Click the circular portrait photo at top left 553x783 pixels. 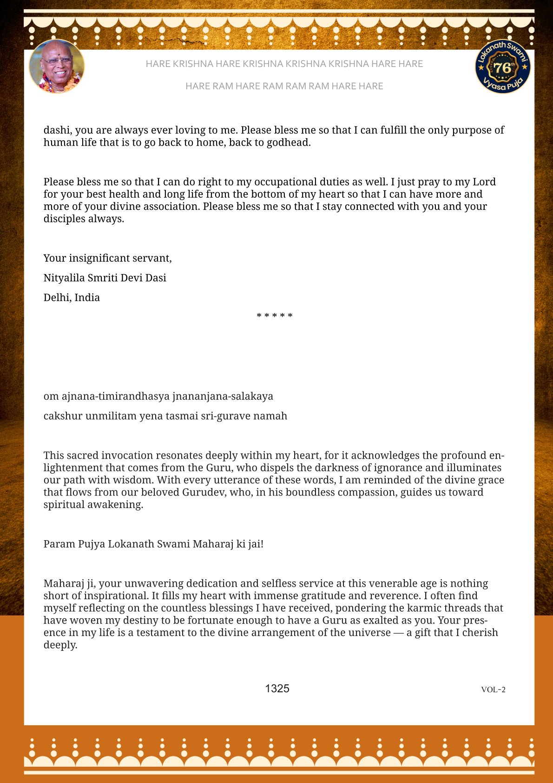click(57, 66)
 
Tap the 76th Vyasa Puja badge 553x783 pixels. click(502, 66)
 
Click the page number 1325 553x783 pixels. click(277, 689)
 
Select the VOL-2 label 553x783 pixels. click(493, 689)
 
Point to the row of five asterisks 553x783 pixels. click(275, 316)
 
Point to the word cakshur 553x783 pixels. click(63, 416)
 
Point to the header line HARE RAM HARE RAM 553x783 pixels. click(284, 86)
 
